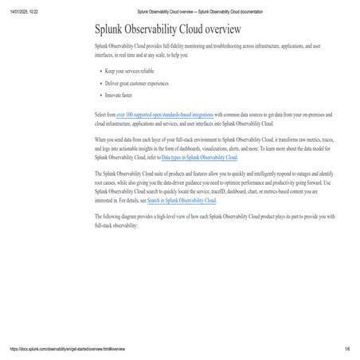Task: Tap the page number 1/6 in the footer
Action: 347,350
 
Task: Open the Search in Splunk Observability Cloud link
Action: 182,201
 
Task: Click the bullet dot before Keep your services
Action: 101,72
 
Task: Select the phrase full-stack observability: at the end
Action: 116,225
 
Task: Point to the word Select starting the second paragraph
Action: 103,115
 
